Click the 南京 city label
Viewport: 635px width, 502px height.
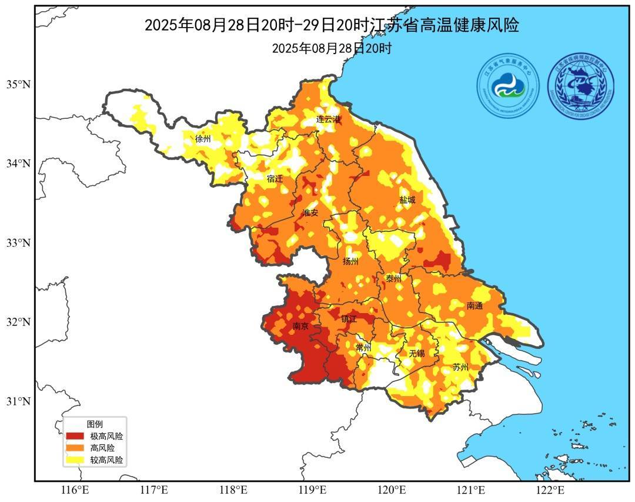click(x=300, y=326)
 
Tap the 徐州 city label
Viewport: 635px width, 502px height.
click(x=203, y=139)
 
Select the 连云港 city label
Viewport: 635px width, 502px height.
click(x=329, y=119)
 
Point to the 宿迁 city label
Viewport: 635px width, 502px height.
click(x=275, y=179)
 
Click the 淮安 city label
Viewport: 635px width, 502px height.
click(x=310, y=213)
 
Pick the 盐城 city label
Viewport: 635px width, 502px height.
click(x=407, y=200)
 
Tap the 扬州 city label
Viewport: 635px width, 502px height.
click(x=350, y=261)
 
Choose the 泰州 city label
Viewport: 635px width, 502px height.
click(x=393, y=279)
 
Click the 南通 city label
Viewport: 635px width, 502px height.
click(x=474, y=306)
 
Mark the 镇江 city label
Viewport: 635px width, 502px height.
click(x=349, y=319)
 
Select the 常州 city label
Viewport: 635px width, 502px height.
click(x=364, y=348)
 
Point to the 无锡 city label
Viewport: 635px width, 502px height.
click(x=416, y=353)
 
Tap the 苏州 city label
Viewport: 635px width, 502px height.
click(x=460, y=367)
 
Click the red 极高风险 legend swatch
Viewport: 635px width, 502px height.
click(x=75, y=436)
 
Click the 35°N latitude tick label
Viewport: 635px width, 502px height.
click(x=18, y=84)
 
